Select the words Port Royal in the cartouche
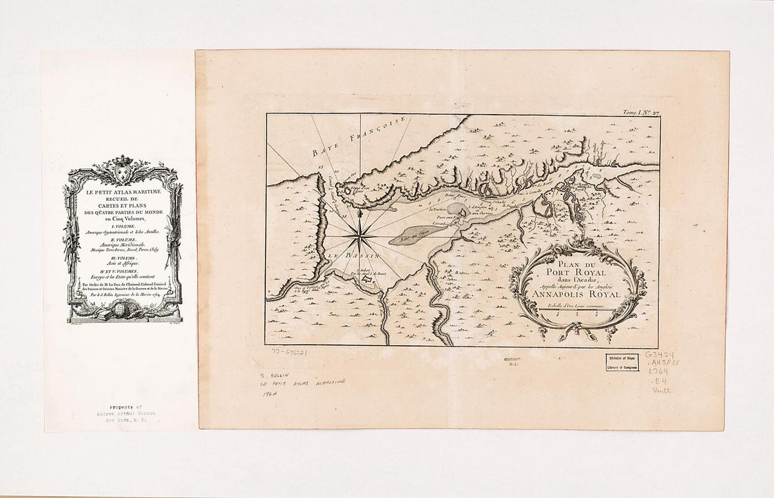click(x=577, y=267)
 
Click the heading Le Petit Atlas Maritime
click(x=122, y=192)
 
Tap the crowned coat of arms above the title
click(x=123, y=169)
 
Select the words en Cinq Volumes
click(x=122, y=220)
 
